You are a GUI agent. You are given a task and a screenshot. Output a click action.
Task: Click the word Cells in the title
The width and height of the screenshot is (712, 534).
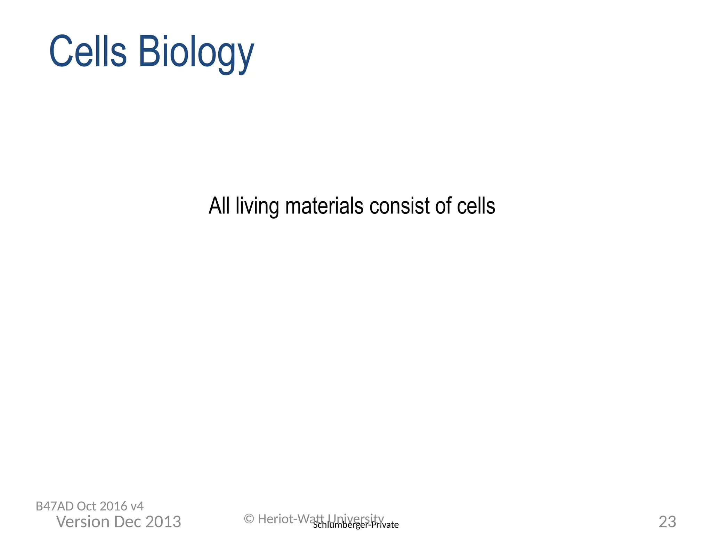(88, 51)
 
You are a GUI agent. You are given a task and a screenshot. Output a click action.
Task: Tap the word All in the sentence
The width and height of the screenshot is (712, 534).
(219, 206)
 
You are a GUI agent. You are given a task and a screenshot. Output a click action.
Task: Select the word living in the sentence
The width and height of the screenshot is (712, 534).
(257, 207)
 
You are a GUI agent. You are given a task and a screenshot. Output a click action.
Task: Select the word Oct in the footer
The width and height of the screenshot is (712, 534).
(87, 506)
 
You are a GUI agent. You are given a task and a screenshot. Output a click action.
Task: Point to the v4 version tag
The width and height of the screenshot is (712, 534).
(137, 506)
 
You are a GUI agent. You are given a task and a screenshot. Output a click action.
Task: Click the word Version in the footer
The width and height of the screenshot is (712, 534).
(83, 522)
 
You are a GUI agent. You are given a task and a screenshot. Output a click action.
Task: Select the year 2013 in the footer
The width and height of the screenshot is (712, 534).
(163, 522)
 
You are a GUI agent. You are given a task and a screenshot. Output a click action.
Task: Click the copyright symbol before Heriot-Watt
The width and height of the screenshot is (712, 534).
(249, 519)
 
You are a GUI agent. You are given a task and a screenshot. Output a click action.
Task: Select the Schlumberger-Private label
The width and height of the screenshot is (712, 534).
(356, 525)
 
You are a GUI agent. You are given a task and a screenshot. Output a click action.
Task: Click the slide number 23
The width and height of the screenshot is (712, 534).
(667, 522)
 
